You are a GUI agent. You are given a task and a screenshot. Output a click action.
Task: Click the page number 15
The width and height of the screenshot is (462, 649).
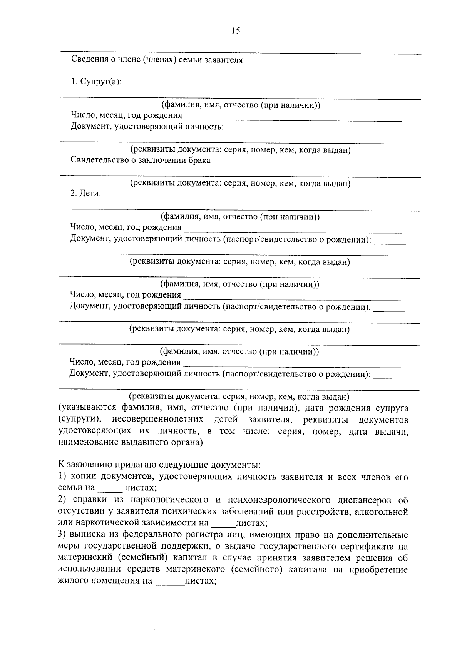coord(236,31)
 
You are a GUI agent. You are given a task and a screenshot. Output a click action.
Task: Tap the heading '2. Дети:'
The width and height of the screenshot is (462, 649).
coord(85,194)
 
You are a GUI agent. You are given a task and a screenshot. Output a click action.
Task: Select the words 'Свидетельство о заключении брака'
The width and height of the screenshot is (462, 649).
coord(141,161)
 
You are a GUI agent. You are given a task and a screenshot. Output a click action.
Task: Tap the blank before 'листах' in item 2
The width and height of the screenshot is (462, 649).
coord(223,524)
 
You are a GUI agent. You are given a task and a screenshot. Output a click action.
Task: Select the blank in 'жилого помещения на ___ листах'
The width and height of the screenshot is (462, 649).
coord(170,582)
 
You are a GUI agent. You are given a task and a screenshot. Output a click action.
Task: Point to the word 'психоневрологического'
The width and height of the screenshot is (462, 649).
coord(279,500)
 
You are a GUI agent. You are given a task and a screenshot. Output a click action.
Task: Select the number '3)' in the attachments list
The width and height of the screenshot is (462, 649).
coord(63,535)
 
